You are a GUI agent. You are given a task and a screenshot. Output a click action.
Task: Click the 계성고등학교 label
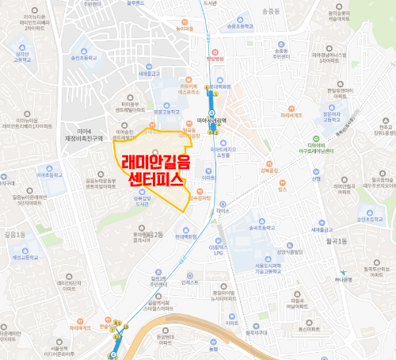pyautogui.click(x=29, y=256)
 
